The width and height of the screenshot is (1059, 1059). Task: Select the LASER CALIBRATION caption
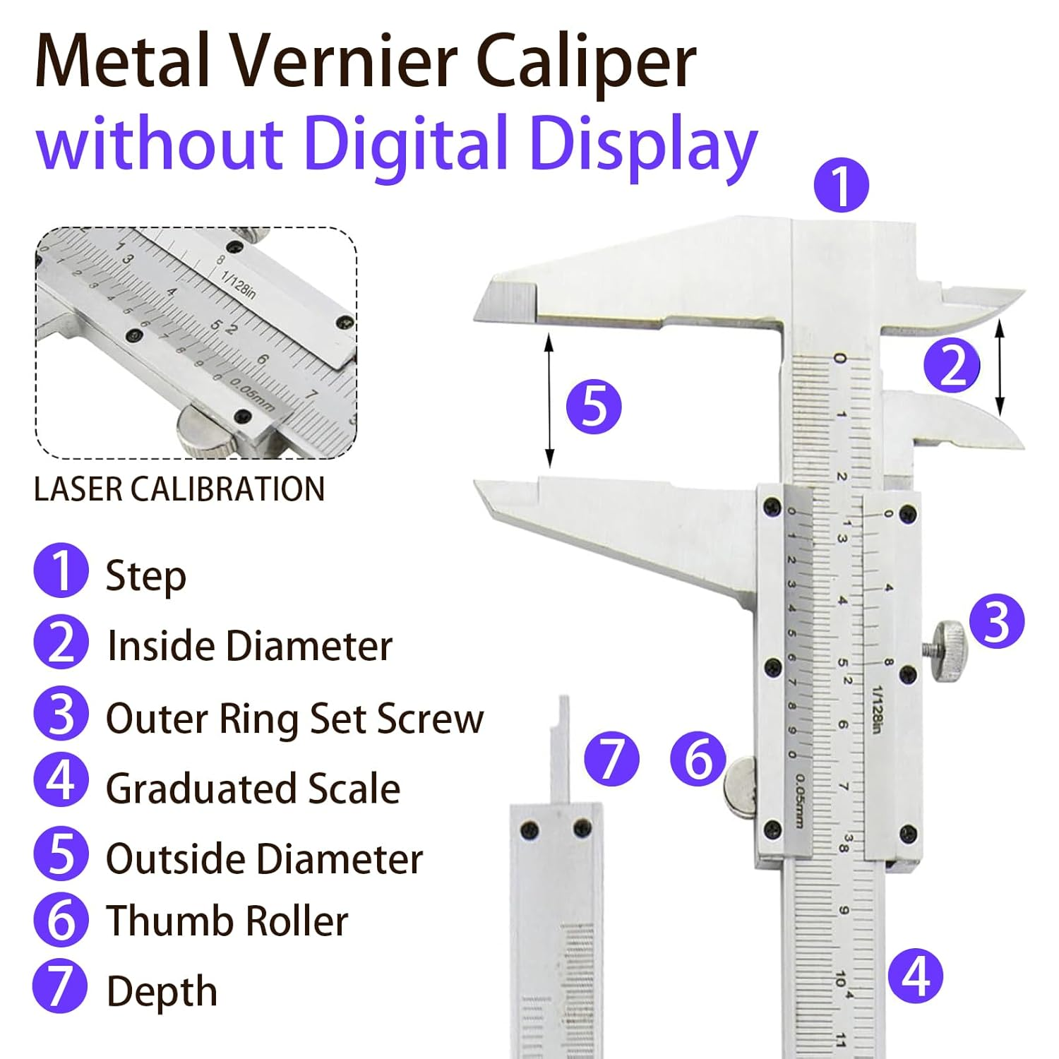point(179,489)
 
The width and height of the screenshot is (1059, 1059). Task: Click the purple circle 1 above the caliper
point(841,186)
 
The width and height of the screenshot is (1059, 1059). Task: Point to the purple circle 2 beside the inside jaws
point(952,365)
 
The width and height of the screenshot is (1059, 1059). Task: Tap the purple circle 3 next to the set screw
point(996,621)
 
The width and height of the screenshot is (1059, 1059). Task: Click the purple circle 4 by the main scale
point(915,976)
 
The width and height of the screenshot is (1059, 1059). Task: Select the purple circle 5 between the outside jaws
point(594,407)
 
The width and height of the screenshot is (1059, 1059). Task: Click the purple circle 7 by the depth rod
point(611,759)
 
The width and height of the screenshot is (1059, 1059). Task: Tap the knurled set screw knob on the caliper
point(947,651)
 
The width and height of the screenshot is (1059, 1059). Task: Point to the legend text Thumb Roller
point(227,921)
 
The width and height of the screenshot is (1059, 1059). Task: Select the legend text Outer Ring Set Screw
point(295,719)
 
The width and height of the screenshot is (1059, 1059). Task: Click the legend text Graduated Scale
point(253,789)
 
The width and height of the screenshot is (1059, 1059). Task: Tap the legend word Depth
point(162,992)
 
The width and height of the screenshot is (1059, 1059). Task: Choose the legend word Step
point(146,577)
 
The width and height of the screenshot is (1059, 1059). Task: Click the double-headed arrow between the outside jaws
point(550,401)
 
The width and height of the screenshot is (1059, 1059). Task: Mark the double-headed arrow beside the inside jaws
point(1000,366)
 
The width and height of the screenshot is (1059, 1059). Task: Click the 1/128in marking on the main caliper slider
point(877,709)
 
